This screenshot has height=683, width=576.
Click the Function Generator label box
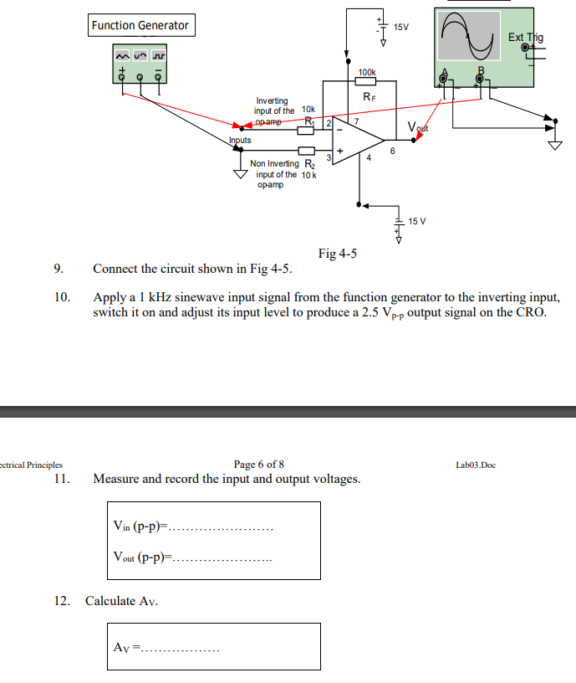pyautogui.click(x=140, y=25)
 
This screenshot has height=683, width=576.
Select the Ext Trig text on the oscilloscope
pyautogui.click(x=525, y=38)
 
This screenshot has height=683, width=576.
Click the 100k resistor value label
pyautogui.click(x=366, y=74)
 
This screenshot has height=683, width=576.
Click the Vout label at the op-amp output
pyautogui.click(x=417, y=127)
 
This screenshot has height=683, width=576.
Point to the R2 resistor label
pyautogui.click(x=308, y=163)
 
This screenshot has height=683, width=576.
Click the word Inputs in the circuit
pyautogui.click(x=240, y=141)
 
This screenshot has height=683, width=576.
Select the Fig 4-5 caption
pyautogui.click(x=338, y=254)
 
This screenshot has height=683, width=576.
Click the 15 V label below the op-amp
pyautogui.click(x=417, y=221)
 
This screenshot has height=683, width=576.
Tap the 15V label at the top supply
pyautogui.click(x=401, y=27)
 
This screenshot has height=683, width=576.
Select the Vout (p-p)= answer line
pyautogui.click(x=192, y=557)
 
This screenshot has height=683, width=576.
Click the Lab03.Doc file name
pyautogui.click(x=477, y=465)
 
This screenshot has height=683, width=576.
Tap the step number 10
pyautogui.click(x=61, y=297)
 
